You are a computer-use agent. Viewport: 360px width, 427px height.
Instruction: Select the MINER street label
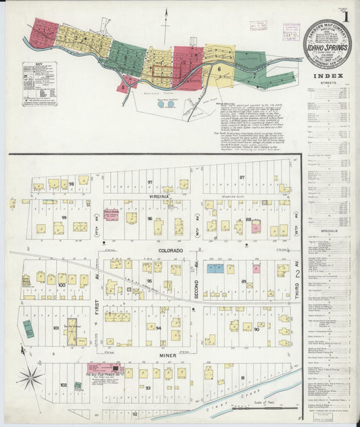tap(152, 355)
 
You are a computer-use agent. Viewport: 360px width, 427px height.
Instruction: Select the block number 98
tap(71, 183)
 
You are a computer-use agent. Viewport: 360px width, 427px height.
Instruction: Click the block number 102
tap(64, 385)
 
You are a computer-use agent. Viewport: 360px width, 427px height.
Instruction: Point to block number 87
tap(241, 177)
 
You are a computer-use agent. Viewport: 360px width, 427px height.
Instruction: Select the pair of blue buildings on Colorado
tap(215, 268)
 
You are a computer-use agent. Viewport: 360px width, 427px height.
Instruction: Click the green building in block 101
tap(28, 329)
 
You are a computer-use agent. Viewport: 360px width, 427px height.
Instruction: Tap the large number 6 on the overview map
tap(220, 68)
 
